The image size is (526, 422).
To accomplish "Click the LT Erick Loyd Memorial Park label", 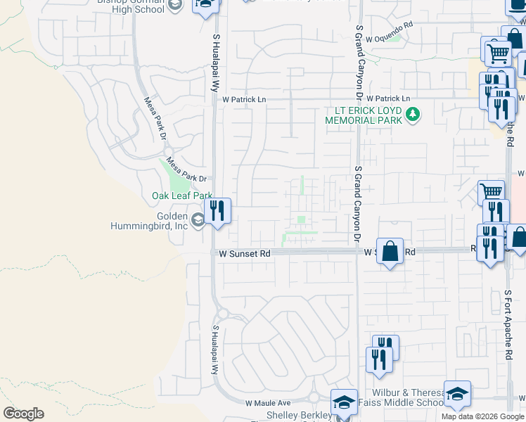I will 364,115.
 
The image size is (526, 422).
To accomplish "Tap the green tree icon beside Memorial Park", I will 413,113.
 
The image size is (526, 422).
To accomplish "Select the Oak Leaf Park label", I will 182,196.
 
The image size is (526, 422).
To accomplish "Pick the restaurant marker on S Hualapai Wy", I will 218,210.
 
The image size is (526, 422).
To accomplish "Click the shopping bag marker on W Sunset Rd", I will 390,251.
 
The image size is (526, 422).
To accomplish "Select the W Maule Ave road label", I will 268,404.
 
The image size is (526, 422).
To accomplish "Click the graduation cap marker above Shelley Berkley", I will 343,402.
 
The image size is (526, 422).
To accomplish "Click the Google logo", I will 23,414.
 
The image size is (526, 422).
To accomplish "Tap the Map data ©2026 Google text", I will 482,416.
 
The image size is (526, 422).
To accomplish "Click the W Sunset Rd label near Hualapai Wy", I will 244,253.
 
